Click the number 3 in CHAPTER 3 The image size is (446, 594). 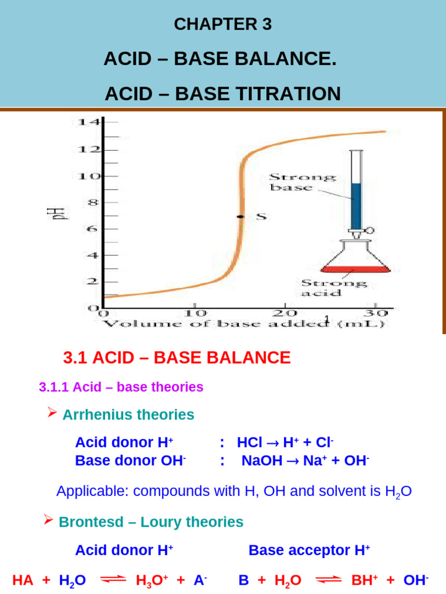267,24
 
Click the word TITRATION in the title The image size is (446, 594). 283,94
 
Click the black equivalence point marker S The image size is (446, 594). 240,216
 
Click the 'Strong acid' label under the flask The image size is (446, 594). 333,288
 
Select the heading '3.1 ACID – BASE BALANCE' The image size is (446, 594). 177,357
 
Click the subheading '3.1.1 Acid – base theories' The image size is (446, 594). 121,387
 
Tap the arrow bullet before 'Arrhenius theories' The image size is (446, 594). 51,414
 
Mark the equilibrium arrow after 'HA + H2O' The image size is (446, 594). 111,579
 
